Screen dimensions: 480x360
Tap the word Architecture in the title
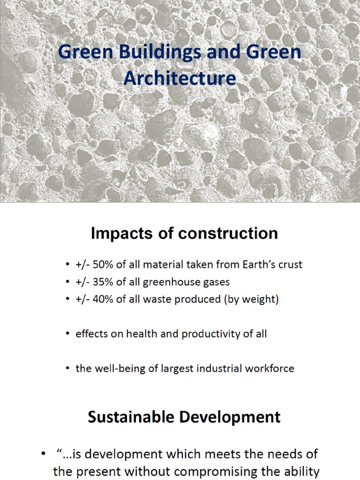(x=180, y=77)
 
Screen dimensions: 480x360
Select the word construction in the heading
(x=224, y=233)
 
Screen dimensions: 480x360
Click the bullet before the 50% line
(x=68, y=265)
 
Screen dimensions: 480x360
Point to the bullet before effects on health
(x=68, y=334)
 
